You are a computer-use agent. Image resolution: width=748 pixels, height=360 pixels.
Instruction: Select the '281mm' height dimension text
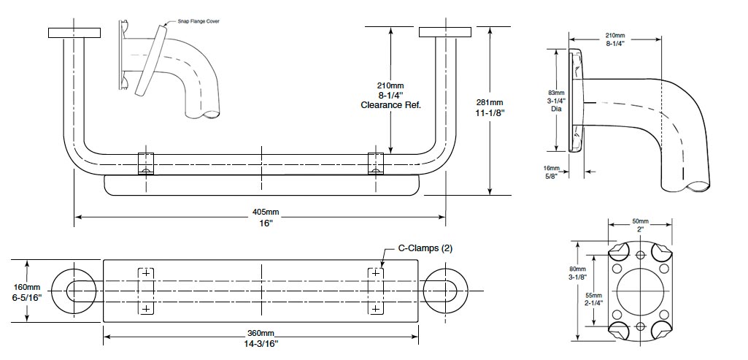490,102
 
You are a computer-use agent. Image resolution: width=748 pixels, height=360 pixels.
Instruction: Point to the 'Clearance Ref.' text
391,105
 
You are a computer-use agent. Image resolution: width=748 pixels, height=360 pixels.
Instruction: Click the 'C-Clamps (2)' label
425,248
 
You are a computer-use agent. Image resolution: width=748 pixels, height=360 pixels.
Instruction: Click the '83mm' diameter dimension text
556,93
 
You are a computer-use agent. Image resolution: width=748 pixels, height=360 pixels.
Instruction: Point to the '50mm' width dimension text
640,221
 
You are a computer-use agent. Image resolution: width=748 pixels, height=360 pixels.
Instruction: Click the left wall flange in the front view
74,32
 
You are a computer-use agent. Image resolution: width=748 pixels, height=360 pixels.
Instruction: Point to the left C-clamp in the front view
146,164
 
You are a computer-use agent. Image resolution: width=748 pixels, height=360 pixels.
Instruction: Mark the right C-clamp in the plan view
375,290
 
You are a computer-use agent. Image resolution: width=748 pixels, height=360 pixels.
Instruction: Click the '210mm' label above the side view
615,35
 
